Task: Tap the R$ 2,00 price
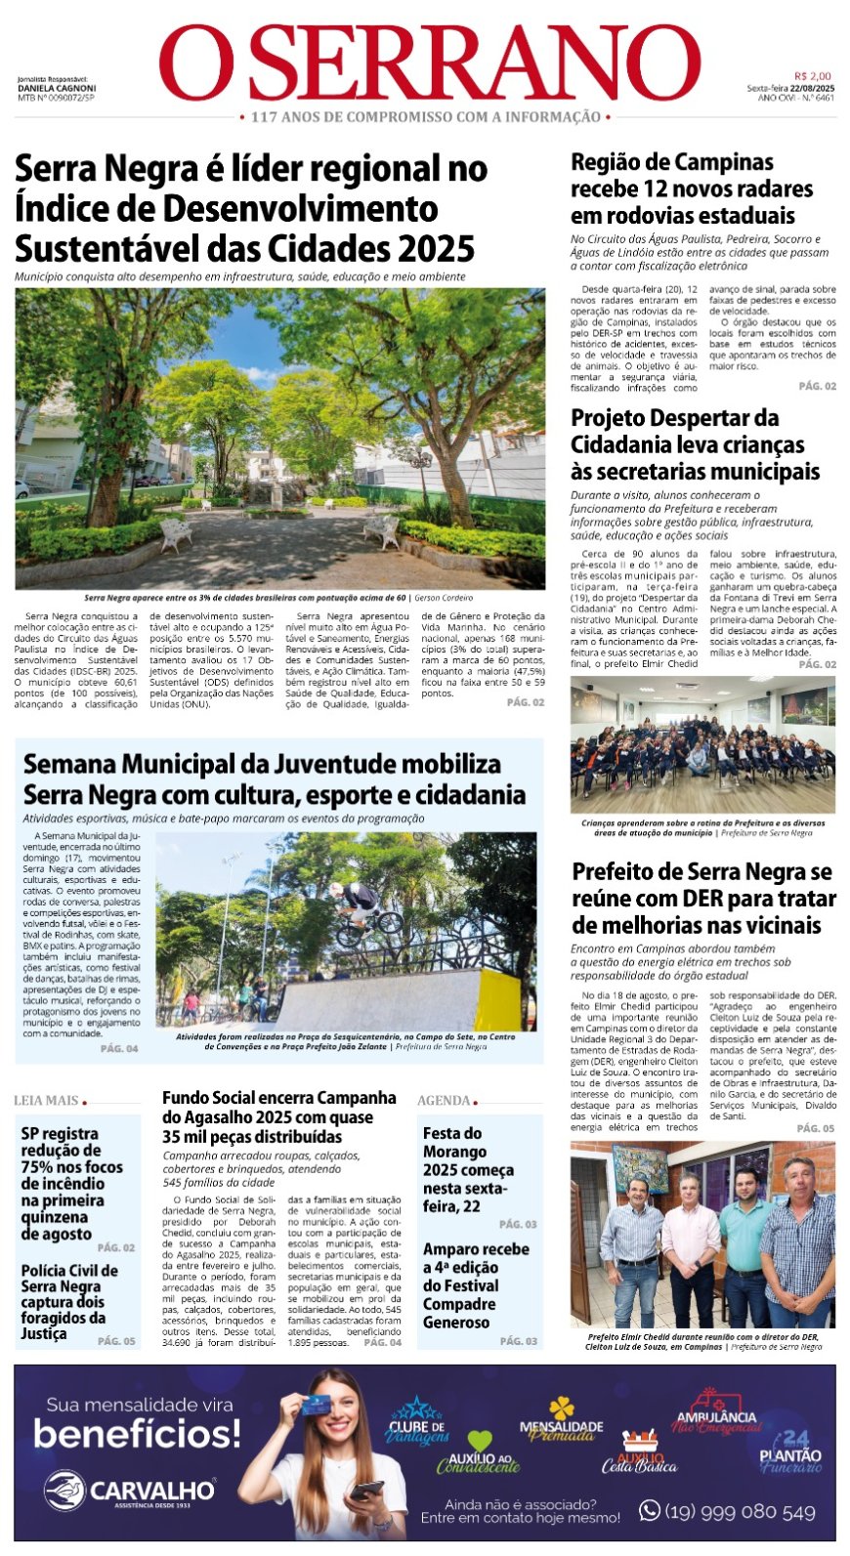coord(812,76)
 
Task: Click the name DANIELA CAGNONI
coord(57,88)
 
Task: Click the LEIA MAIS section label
coord(46,1100)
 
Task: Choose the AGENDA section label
coord(445,1100)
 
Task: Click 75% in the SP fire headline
coord(37,1166)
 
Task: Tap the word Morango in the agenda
coord(455,1152)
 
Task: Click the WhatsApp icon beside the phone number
coord(649,1510)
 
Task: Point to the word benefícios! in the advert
coord(137,1434)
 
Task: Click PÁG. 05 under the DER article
coord(815,1128)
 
